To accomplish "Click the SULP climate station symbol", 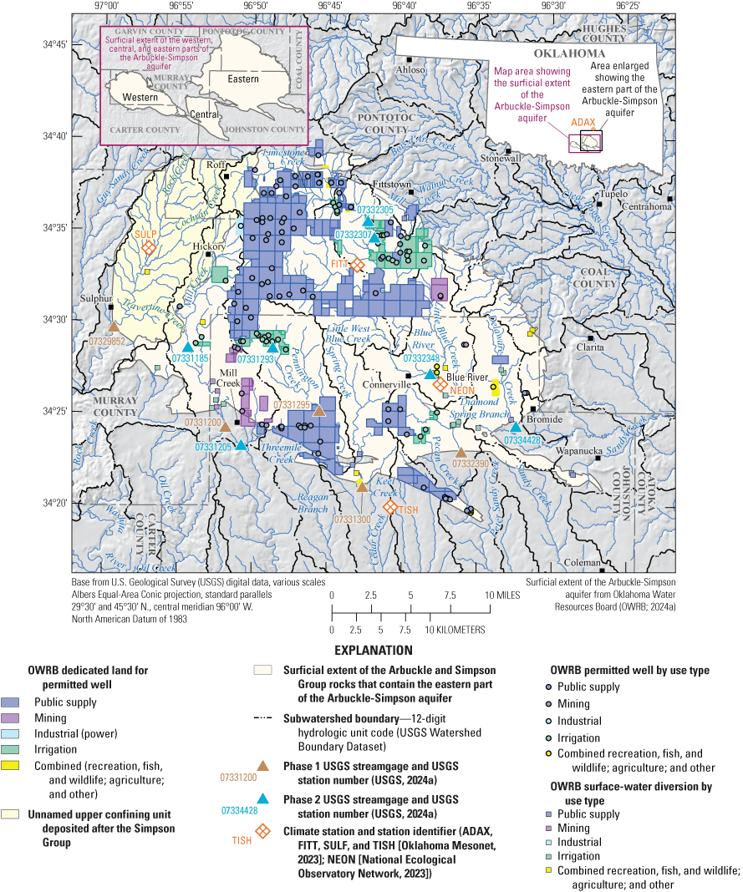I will click(149, 248).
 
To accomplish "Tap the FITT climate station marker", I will click(357, 265).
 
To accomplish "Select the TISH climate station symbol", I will click(390, 507).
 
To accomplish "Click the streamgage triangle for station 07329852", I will click(114, 327).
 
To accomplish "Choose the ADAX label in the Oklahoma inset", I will click(583, 122).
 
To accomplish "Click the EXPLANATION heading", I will click(373, 650).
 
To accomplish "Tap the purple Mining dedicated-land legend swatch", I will click(14, 718).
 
